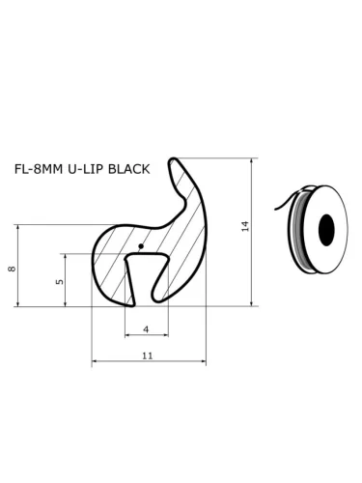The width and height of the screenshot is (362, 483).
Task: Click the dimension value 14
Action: (245, 225)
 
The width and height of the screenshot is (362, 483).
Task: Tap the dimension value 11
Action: (148, 356)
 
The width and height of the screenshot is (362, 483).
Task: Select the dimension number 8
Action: (12, 268)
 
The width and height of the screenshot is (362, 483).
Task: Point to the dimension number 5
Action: (59, 282)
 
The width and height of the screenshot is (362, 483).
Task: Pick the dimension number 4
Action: (146, 329)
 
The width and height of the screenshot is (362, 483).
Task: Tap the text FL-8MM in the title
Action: (36, 169)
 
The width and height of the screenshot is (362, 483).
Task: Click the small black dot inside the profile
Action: (141, 246)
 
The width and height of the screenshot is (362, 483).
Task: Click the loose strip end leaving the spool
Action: (277, 204)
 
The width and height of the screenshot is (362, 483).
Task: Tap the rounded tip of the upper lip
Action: (177, 162)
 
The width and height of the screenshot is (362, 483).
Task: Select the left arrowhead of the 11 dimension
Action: (95, 364)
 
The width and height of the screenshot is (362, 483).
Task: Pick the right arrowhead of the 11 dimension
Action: (203, 364)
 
